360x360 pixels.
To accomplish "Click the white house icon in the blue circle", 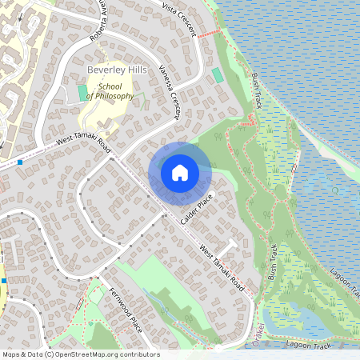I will [x=179, y=172].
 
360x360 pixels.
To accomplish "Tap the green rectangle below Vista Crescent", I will [x=218, y=74].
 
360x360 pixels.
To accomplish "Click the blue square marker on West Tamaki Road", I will [x=19, y=162].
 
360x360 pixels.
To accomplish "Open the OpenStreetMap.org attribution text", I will [x=80, y=354].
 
